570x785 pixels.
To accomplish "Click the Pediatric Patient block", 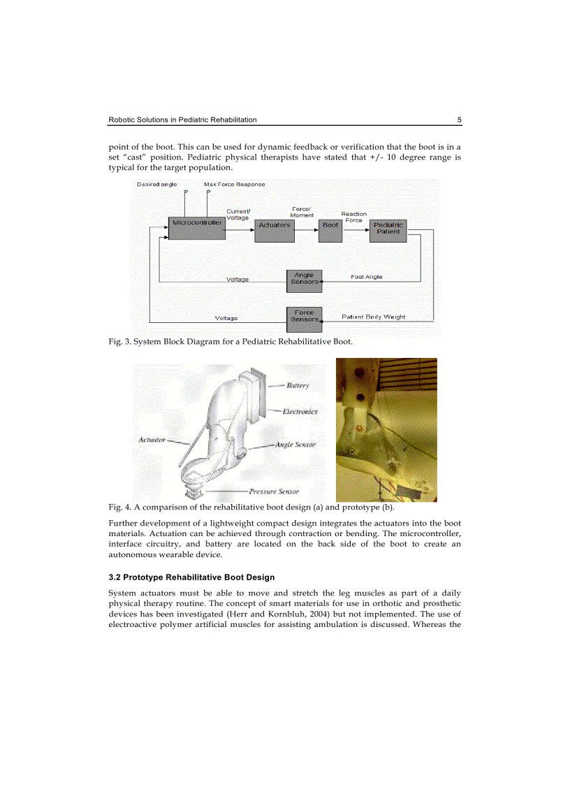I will pyautogui.click(x=387, y=229).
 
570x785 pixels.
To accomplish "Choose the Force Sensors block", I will pyautogui.click(x=304, y=316).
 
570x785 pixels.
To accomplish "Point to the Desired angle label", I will pyautogui.click(x=156, y=185).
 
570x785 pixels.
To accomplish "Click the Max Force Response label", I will pyautogui.click(x=234, y=185).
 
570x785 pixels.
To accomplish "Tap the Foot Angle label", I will pyautogui.click(x=366, y=277).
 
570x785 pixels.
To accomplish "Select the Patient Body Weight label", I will pyautogui.click(x=373, y=317).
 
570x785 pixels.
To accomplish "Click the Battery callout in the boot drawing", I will pyautogui.click(x=298, y=385).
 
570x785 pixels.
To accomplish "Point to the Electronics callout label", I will pyautogui.click(x=300, y=411).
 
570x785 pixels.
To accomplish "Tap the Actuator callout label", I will pyautogui.click(x=152, y=440).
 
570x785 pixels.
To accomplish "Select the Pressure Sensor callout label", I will pyautogui.click(x=274, y=491).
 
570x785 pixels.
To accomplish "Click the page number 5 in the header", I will pyautogui.click(x=459, y=120).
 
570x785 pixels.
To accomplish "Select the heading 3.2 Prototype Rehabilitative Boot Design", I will pyautogui.click(x=191, y=577).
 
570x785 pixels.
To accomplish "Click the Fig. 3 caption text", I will pyautogui.click(x=231, y=342).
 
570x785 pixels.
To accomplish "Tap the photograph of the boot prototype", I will pyautogui.click(x=386, y=429).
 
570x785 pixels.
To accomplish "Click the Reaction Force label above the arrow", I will pyautogui.click(x=353, y=217).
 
